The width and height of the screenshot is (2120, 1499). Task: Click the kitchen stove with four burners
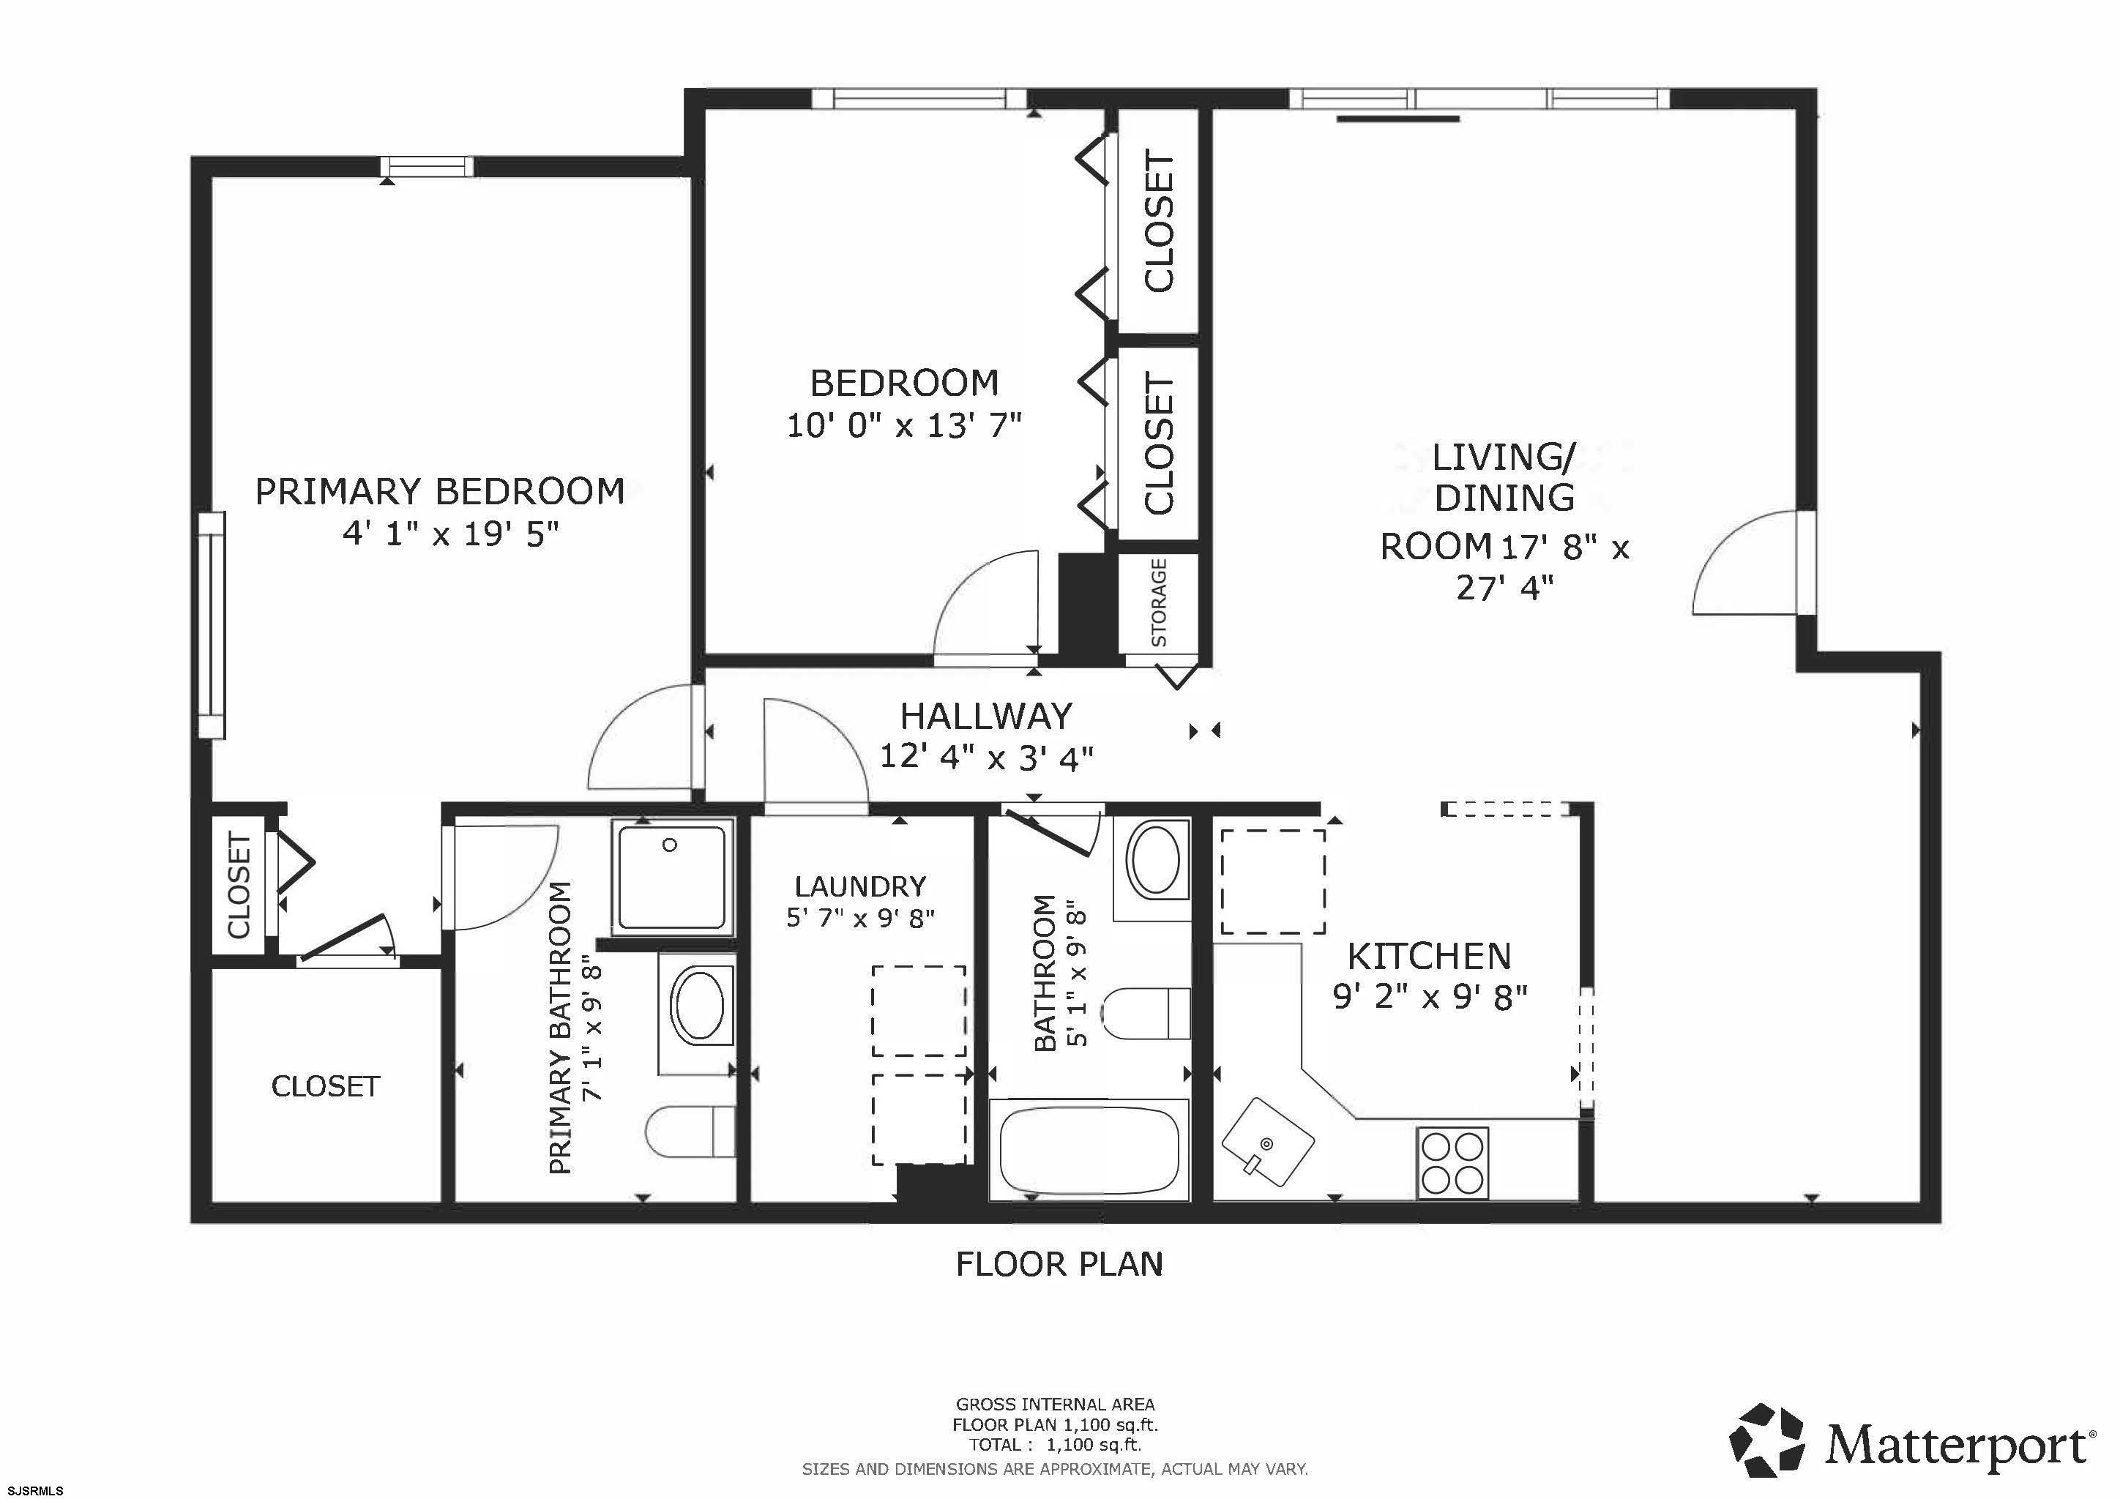pos(1453,1164)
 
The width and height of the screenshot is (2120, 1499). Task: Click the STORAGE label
pos(1159,602)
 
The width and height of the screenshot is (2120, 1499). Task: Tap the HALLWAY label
pos(986,717)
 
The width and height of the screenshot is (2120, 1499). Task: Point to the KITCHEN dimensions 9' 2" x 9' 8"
pos(1430,998)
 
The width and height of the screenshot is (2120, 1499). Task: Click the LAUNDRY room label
pos(859,886)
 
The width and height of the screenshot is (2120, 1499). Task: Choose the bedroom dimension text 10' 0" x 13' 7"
pos(904,425)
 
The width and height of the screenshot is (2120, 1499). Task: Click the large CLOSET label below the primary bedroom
pos(326,1086)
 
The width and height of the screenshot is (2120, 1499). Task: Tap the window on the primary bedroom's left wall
pos(212,625)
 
